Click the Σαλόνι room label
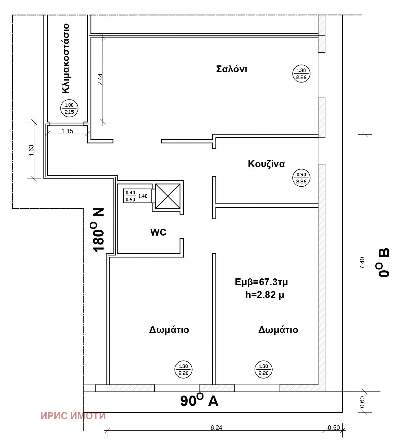coord(231,69)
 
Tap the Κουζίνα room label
coord(266,164)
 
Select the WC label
coord(158,232)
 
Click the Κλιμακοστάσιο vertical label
coord(66,58)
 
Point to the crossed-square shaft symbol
coord(167,196)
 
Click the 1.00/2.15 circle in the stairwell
coord(69,108)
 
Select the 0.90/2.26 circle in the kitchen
coord(301,178)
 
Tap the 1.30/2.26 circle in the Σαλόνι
coord(301,74)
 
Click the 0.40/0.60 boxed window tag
coord(130,196)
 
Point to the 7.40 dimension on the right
coord(362,263)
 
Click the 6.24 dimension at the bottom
coord(216,428)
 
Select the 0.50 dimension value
coord(334,428)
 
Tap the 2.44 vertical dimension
coord(100,79)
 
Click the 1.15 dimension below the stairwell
coord(67,131)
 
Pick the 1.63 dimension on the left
coord(31,150)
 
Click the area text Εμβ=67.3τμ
coord(261,282)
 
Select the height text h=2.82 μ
coord(265,294)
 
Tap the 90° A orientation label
coord(199,401)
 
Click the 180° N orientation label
coord(98,229)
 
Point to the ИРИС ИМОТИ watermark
coord(73,416)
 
